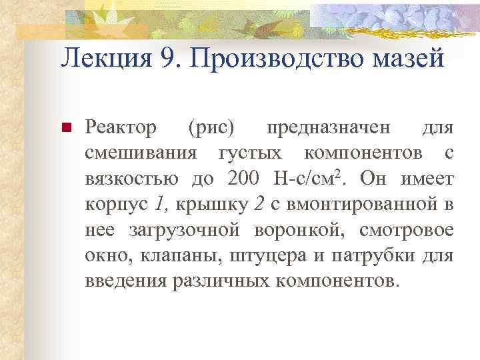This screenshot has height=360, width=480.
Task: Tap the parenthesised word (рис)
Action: (211, 127)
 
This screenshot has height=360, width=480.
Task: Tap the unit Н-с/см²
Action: (308, 178)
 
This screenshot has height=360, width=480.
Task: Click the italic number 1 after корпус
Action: (157, 204)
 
